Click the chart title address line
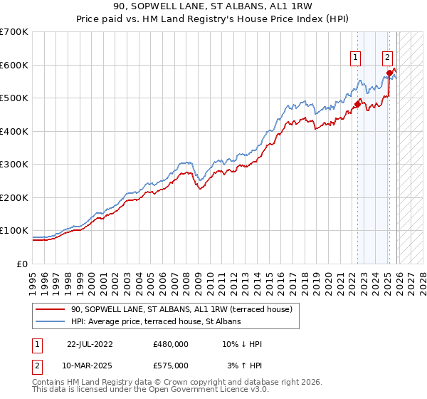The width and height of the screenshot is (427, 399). point(213,5)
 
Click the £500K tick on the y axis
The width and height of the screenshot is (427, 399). point(14,98)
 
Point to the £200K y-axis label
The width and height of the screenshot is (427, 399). point(14,197)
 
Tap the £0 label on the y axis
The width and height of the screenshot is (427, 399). point(21,264)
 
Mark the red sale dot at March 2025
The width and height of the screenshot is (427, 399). point(389,73)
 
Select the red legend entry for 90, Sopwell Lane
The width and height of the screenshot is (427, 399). point(185,309)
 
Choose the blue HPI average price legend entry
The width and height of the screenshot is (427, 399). point(156,321)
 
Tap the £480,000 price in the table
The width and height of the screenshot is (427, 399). point(171,344)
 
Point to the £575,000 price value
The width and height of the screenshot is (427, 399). point(171,366)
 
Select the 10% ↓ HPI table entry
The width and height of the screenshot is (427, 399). point(242,344)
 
